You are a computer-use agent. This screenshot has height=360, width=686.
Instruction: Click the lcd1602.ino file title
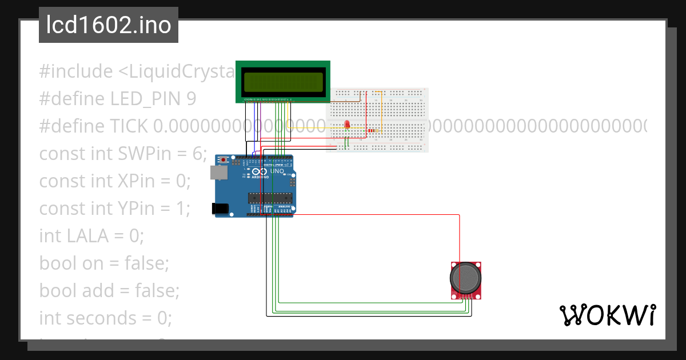point(109,26)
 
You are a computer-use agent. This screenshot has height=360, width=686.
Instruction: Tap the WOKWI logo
point(607,315)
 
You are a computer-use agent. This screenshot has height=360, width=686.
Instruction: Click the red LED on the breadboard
point(346,126)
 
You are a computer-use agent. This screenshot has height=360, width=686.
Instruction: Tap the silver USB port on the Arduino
point(218,172)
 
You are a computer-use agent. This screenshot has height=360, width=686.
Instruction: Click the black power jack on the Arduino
point(220,209)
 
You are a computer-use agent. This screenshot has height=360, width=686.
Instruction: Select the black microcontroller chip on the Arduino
point(269,198)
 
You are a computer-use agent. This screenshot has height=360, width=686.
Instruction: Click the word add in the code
point(98,290)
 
